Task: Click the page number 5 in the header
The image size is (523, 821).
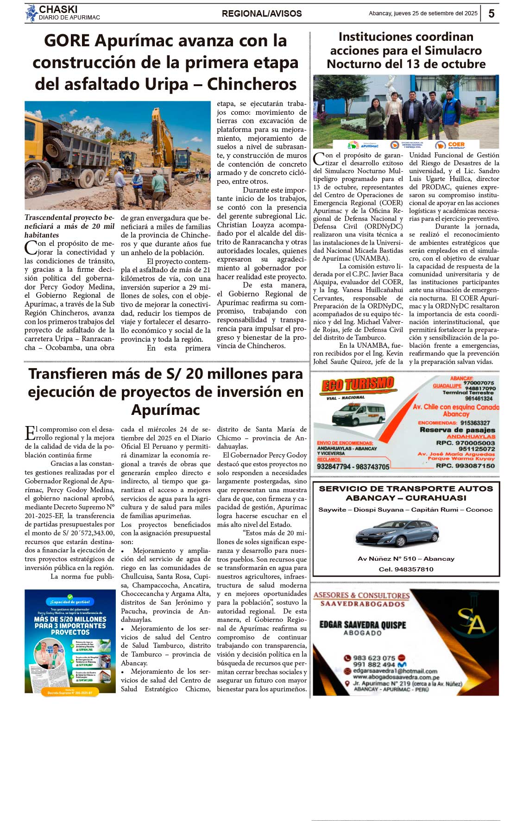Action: tap(491, 13)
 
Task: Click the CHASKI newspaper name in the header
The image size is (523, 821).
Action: tap(58, 9)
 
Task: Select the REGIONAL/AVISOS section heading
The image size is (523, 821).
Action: tap(262, 13)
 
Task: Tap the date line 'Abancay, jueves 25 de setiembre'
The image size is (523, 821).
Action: tap(422, 13)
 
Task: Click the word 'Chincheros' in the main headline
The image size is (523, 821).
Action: tap(252, 84)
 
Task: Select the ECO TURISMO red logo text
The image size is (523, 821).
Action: tap(358, 384)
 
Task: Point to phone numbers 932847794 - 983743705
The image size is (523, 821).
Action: tap(353, 467)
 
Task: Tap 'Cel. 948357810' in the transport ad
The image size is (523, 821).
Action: tap(406, 569)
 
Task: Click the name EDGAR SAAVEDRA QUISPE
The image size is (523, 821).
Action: tap(362, 625)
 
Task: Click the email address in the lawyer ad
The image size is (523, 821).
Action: tap(395, 671)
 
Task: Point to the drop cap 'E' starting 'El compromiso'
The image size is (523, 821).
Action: tap(30, 433)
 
